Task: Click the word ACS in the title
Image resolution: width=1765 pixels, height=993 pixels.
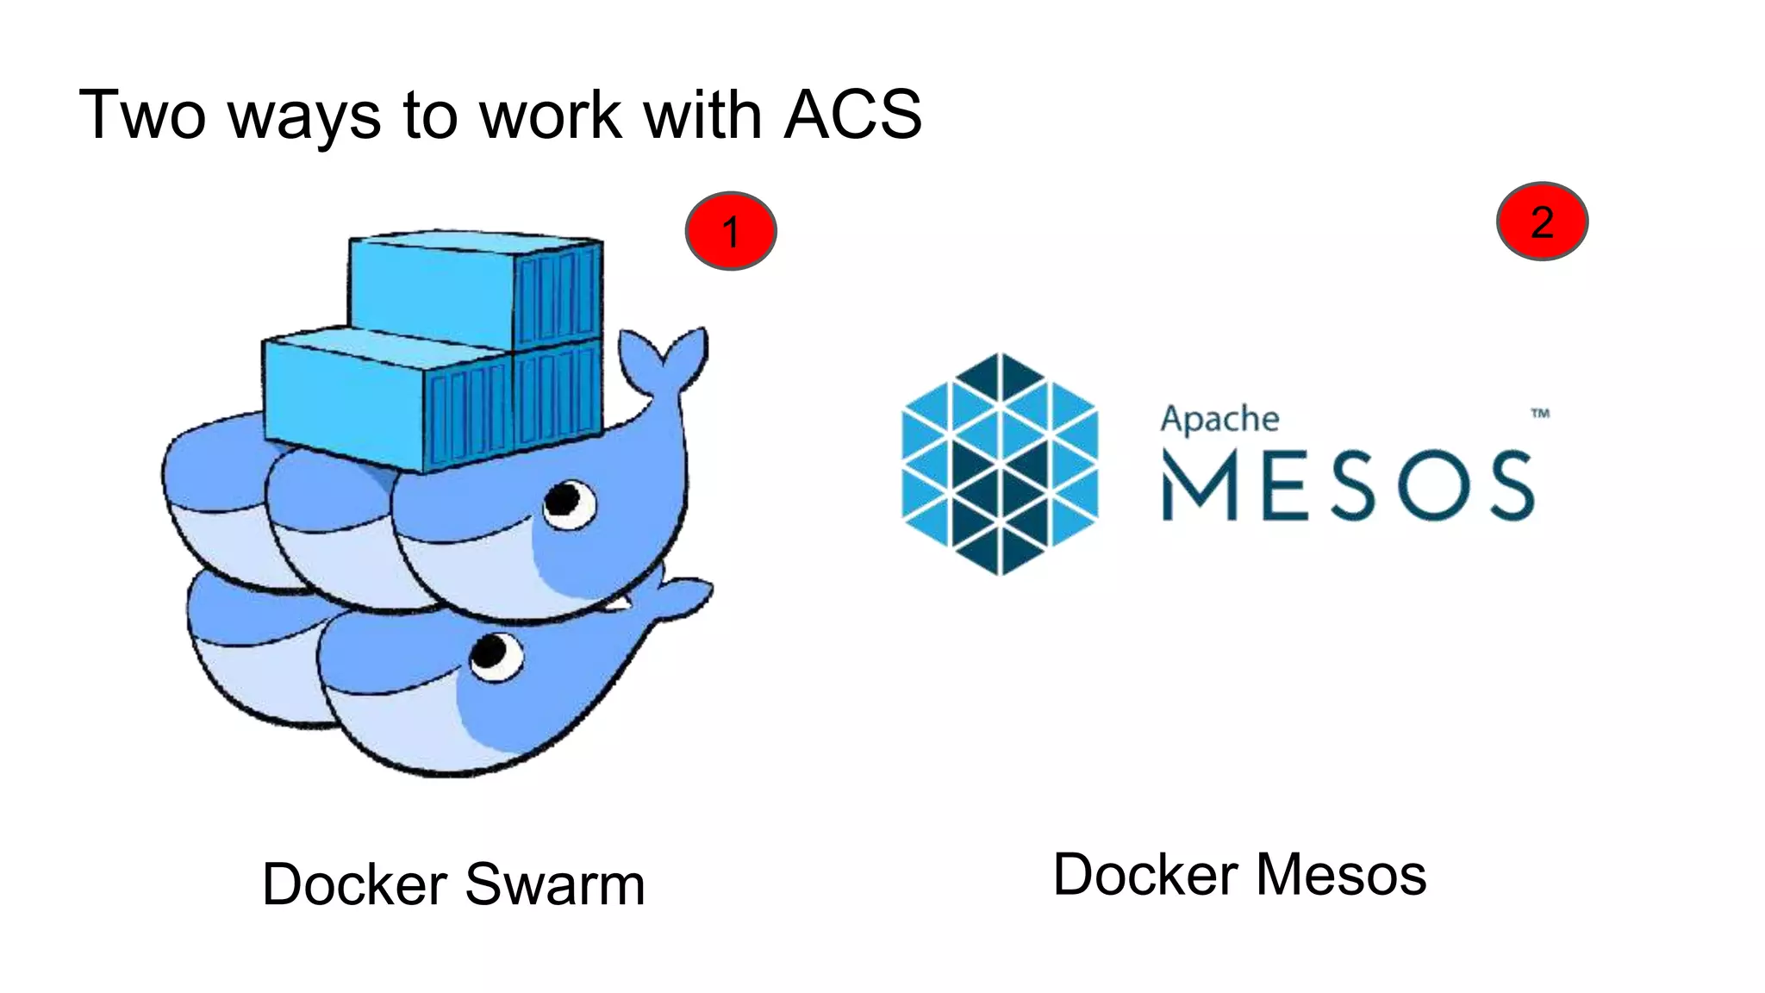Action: click(x=853, y=115)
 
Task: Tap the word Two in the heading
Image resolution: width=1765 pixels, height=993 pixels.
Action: click(x=142, y=115)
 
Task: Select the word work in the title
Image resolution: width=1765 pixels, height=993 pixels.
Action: click(x=550, y=115)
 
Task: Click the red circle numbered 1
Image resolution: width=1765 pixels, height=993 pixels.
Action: click(x=731, y=231)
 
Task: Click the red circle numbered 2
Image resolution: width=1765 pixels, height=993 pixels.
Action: click(x=1542, y=222)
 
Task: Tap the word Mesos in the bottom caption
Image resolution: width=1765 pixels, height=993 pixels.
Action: click(x=1341, y=875)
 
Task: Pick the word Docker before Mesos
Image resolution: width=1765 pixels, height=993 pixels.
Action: click(x=1146, y=875)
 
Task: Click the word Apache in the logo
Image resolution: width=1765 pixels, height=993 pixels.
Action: click(x=1219, y=421)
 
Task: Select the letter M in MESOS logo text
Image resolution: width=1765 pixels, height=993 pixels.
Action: click(x=1200, y=487)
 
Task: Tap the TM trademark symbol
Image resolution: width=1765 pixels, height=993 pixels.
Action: click(x=1540, y=414)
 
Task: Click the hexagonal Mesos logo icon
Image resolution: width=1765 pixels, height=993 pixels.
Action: click(x=1000, y=464)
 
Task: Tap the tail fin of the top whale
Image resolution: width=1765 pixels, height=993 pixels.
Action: click(x=668, y=358)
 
